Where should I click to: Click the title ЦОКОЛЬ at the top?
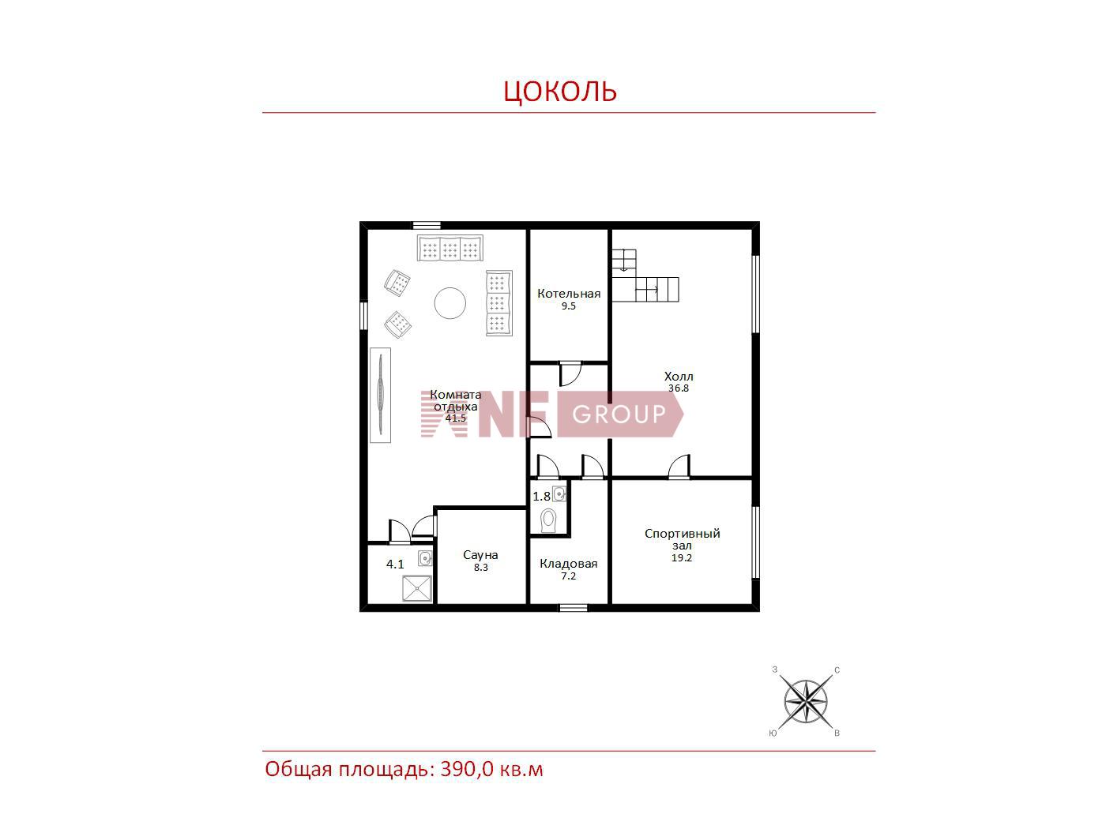(560, 91)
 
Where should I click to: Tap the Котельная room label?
(568, 294)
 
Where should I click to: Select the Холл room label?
(678, 377)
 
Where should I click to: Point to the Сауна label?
(480, 555)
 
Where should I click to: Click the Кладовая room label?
(568, 564)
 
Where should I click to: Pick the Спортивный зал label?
(682, 539)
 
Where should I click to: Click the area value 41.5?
(456, 418)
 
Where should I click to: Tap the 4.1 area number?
(395, 565)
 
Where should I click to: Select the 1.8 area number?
(542, 497)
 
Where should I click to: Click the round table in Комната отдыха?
(450, 303)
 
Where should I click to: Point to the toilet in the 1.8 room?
(548, 520)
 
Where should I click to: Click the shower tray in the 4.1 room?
(416, 588)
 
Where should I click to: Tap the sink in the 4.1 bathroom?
(425, 558)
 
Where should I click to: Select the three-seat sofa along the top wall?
(450, 248)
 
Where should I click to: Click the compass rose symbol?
(805, 702)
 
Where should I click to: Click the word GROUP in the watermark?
(619, 414)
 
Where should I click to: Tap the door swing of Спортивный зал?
(679, 467)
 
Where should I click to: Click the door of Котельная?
(570, 374)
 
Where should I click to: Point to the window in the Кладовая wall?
(574, 607)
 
